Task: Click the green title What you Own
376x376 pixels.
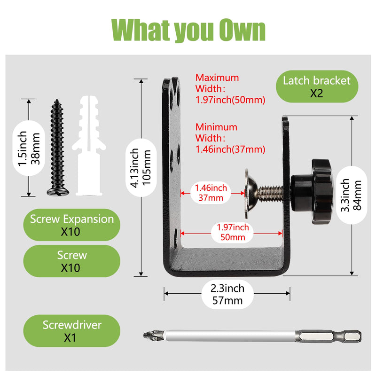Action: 188,30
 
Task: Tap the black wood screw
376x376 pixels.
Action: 57,148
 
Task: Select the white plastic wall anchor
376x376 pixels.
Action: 89,146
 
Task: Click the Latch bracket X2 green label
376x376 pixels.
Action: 317,86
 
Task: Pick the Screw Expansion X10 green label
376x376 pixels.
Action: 72,225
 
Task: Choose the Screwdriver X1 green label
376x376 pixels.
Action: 72,331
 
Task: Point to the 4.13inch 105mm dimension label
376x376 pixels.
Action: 141,168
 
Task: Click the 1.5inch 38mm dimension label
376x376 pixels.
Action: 29,148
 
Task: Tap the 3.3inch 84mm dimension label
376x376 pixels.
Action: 351,195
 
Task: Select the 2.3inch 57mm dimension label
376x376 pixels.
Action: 227,294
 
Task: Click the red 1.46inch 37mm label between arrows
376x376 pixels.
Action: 211,193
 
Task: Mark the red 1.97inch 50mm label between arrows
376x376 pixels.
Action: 233,232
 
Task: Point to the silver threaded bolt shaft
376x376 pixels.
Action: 270,193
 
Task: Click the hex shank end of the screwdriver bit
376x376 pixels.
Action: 329,336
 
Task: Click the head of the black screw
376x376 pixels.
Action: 57,192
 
